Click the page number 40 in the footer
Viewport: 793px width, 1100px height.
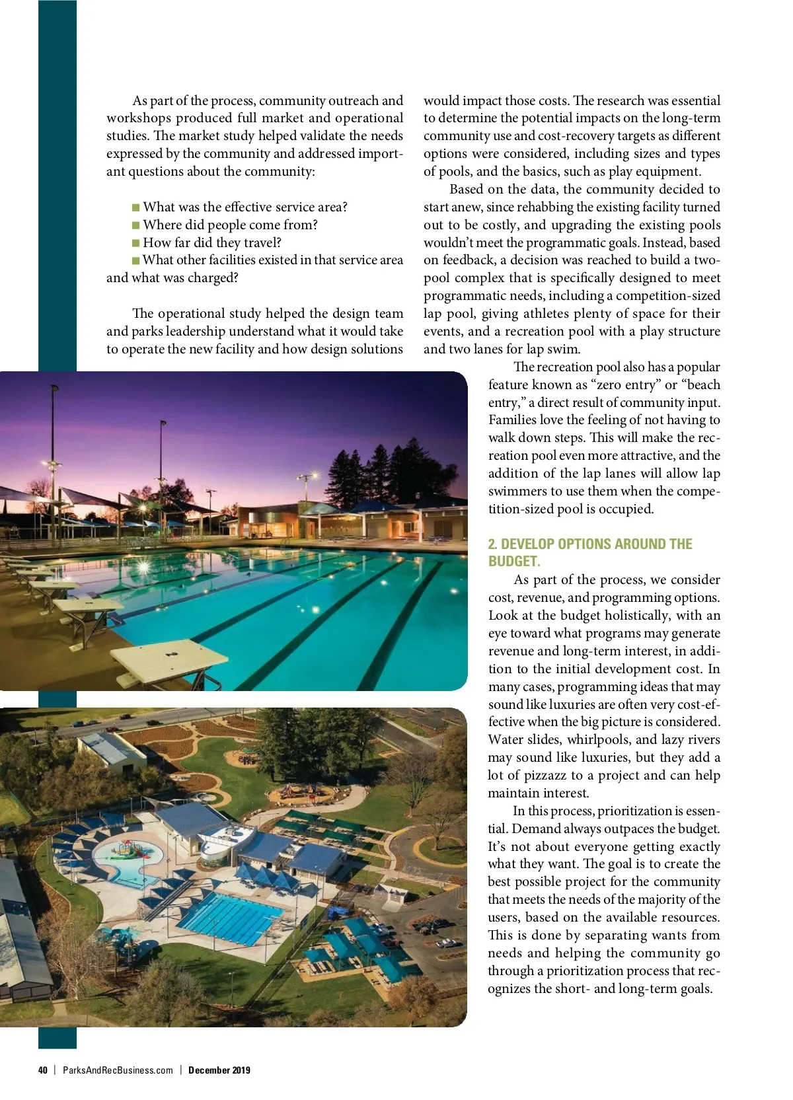coord(43,1070)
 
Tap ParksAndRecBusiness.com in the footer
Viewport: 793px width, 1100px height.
coord(118,1070)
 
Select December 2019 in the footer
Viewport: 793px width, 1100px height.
coord(219,1070)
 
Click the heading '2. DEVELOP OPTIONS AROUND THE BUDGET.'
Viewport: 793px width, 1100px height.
coord(589,552)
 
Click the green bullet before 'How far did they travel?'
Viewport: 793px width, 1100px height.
coord(136,243)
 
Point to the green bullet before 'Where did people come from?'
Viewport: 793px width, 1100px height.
coord(136,225)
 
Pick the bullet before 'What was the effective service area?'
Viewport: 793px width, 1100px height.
coord(136,207)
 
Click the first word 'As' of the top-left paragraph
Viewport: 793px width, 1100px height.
coord(139,101)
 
